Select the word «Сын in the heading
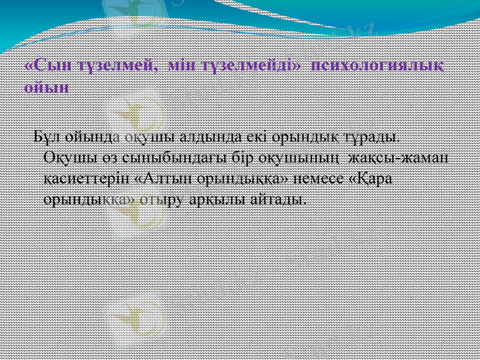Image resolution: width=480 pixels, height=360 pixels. (x=47, y=64)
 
